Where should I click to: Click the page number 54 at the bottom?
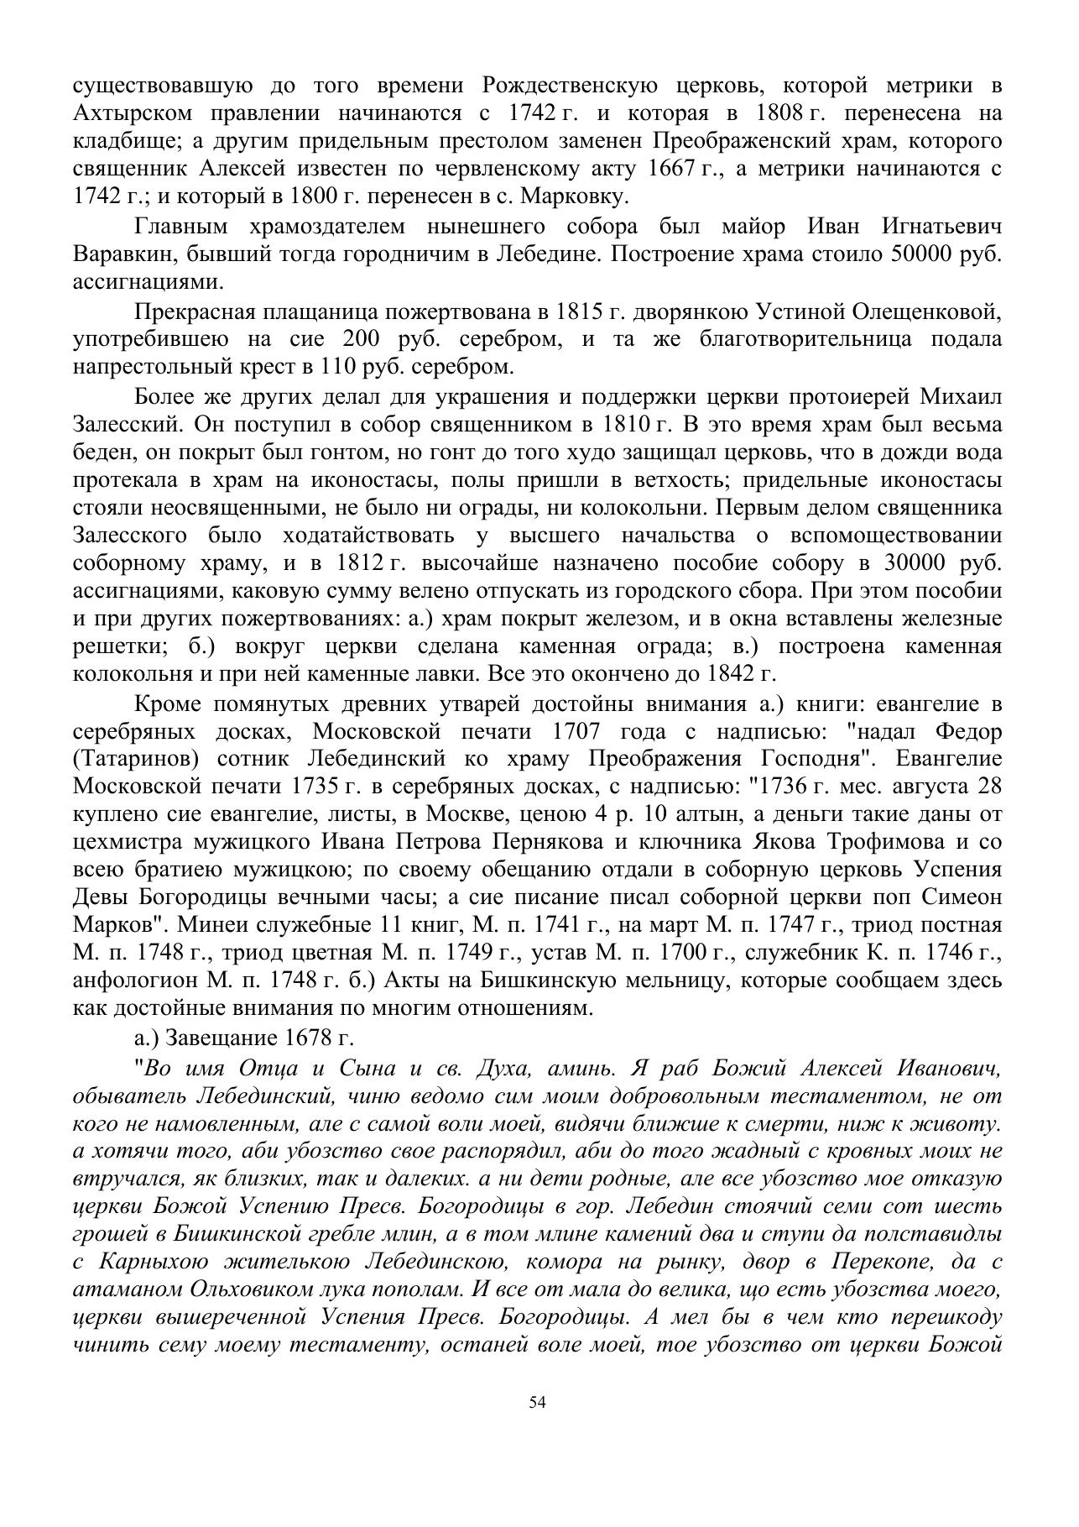pyautogui.click(x=538, y=1402)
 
